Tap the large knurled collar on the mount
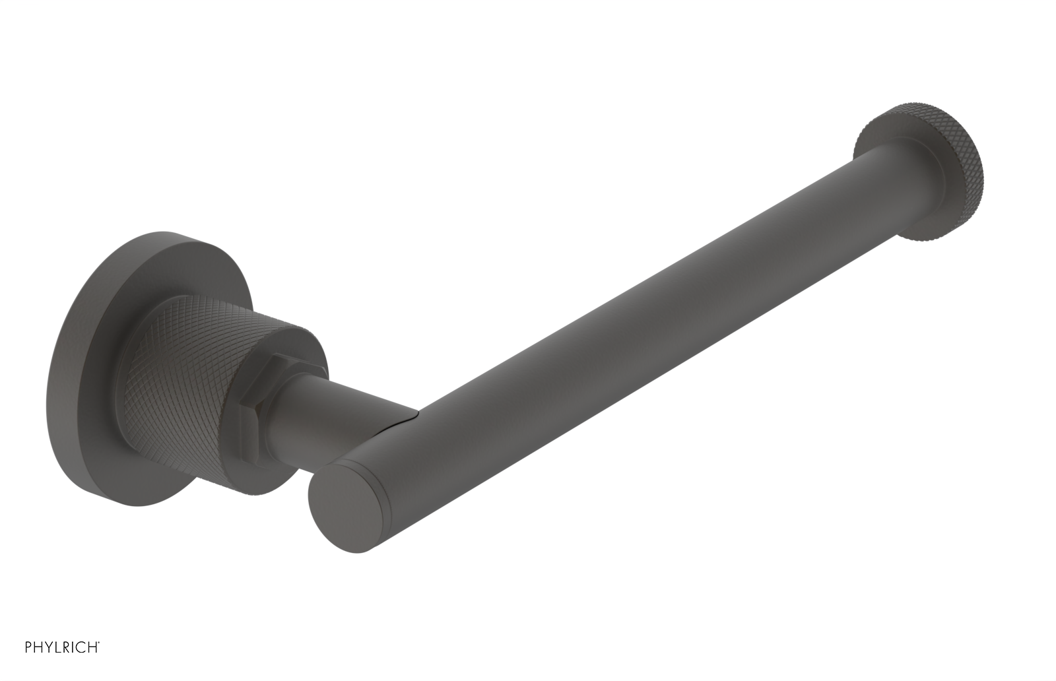pos(191,370)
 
